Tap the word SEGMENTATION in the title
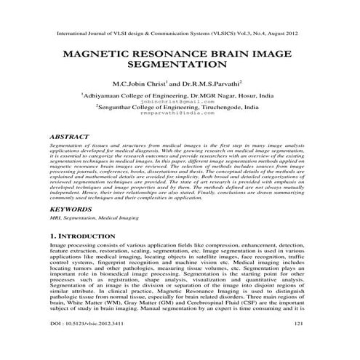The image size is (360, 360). coord(179,65)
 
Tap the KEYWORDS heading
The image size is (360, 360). coord(74,209)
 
